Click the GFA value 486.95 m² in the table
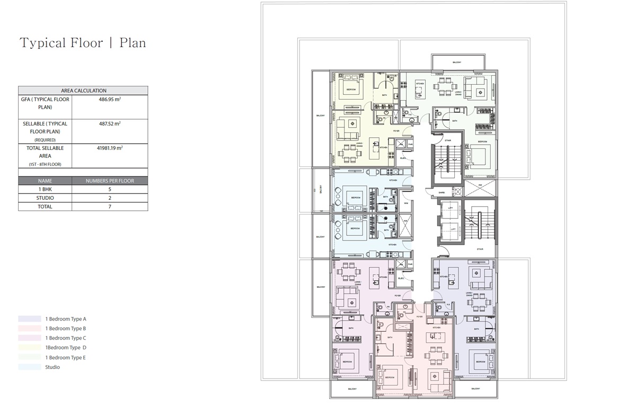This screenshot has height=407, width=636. click(110, 99)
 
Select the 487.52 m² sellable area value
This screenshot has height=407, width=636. click(110, 123)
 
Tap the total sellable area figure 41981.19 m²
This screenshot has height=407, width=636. click(110, 148)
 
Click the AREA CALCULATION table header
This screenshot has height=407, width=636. click(83, 91)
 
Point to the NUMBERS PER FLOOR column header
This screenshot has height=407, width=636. click(110, 181)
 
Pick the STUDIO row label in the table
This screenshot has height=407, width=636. click(45, 198)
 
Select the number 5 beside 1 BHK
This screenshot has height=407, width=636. click(110, 189)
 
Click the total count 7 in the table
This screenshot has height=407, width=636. click(110, 207)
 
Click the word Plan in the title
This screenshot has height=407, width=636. click(132, 43)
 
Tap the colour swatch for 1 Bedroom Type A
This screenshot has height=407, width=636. click(30, 319)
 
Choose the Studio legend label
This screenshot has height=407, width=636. click(52, 367)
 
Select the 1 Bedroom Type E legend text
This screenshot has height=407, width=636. click(65, 358)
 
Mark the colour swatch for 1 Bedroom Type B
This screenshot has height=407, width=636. click(30, 329)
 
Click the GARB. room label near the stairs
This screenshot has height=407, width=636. click(441, 192)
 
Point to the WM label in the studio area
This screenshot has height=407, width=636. click(406, 203)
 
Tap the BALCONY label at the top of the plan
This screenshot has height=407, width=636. click(457, 62)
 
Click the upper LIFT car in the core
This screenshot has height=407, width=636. click(449, 209)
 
